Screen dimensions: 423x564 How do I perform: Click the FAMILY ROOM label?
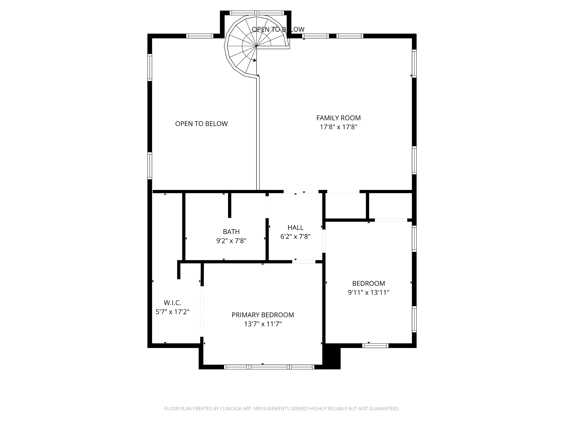[338, 118]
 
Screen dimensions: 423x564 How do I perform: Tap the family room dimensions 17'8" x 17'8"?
[338, 127]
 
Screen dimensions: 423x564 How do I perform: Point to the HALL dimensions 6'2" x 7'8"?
[295, 237]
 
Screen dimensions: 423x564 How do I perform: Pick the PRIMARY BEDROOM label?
[263, 315]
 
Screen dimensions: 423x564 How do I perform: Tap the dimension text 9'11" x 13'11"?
[368, 292]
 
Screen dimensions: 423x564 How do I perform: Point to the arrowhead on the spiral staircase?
[254, 60]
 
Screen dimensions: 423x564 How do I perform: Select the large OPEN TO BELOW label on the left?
[201, 124]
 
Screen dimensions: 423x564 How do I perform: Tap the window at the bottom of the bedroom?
[375, 346]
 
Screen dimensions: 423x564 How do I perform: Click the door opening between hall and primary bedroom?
[304, 262]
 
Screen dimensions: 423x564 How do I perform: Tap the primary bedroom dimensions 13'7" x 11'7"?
[263, 324]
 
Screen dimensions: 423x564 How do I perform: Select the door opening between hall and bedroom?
[324, 241]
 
